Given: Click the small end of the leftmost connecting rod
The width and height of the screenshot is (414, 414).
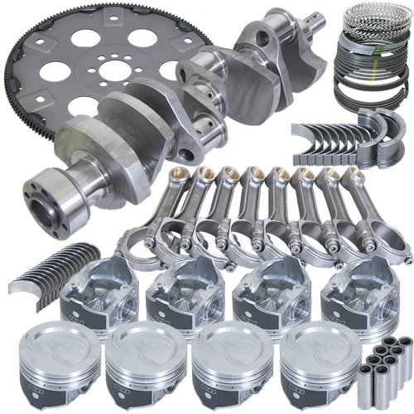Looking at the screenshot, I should pos(181,176).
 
